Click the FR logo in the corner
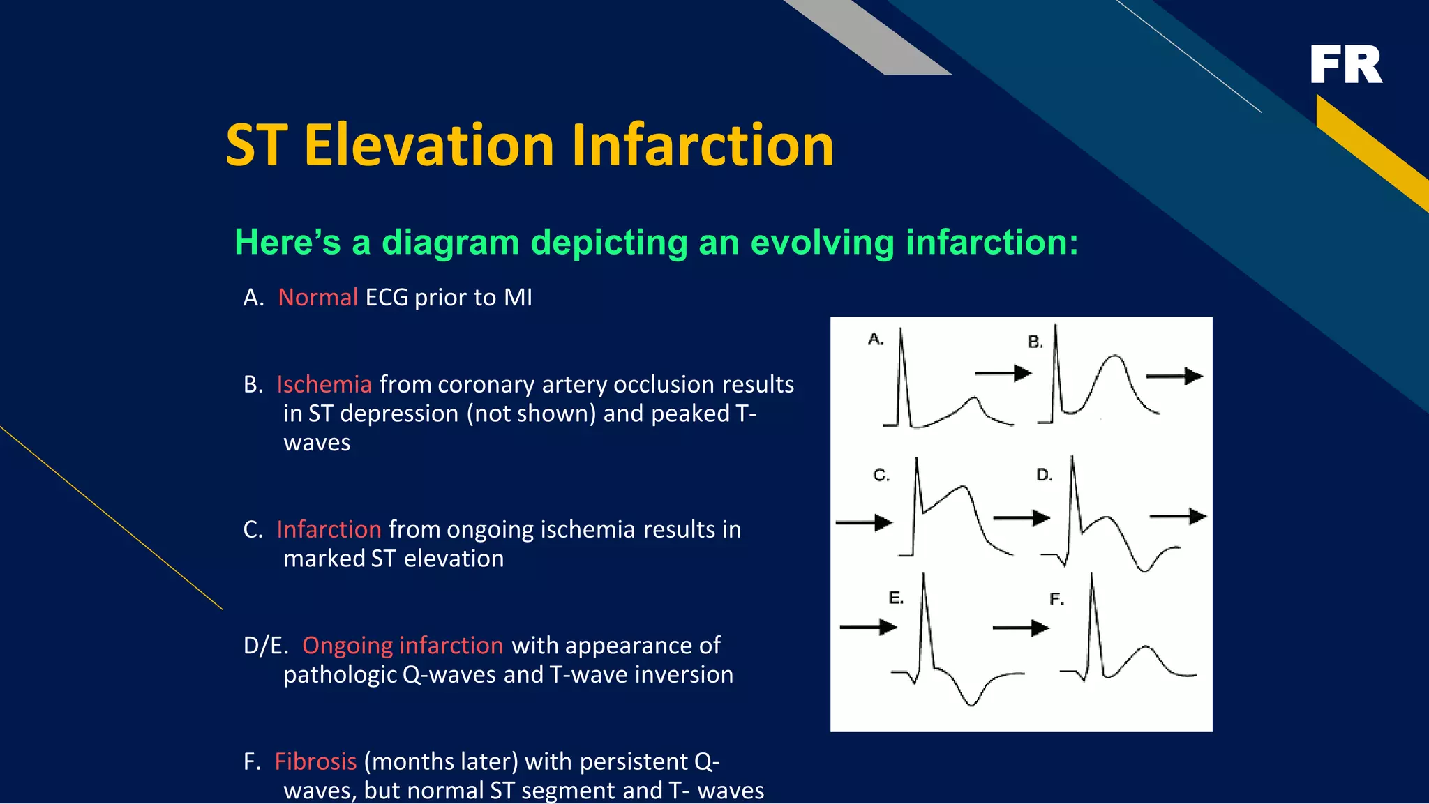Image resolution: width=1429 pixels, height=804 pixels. click(x=1346, y=65)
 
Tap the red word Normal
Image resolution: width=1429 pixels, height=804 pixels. click(x=317, y=298)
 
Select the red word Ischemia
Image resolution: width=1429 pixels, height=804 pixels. click(x=324, y=385)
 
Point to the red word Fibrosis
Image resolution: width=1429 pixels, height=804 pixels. click(x=315, y=761)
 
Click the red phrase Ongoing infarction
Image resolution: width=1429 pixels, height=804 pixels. click(x=403, y=646)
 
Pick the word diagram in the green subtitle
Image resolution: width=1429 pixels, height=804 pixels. click(x=451, y=243)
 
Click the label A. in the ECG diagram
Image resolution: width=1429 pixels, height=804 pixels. click(x=876, y=340)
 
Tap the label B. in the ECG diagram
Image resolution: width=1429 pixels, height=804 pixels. click(x=1035, y=342)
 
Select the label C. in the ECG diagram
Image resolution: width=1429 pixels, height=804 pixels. click(x=881, y=476)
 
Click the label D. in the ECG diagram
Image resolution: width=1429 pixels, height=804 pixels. click(x=1044, y=475)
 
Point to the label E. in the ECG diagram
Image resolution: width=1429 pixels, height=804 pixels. click(x=896, y=598)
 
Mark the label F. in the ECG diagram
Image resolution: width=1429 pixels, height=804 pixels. click(x=1056, y=599)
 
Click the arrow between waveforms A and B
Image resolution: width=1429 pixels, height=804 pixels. click(x=1003, y=374)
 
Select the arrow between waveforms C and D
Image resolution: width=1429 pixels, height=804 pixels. click(x=1022, y=518)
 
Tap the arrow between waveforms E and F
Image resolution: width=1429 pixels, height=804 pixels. click(x=1020, y=628)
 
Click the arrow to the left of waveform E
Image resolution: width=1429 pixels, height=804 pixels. click(x=868, y=628)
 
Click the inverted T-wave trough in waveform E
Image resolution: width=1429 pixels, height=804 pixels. click(x=971, y=704)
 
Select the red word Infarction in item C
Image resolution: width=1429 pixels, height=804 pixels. click(x=329, y=530)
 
